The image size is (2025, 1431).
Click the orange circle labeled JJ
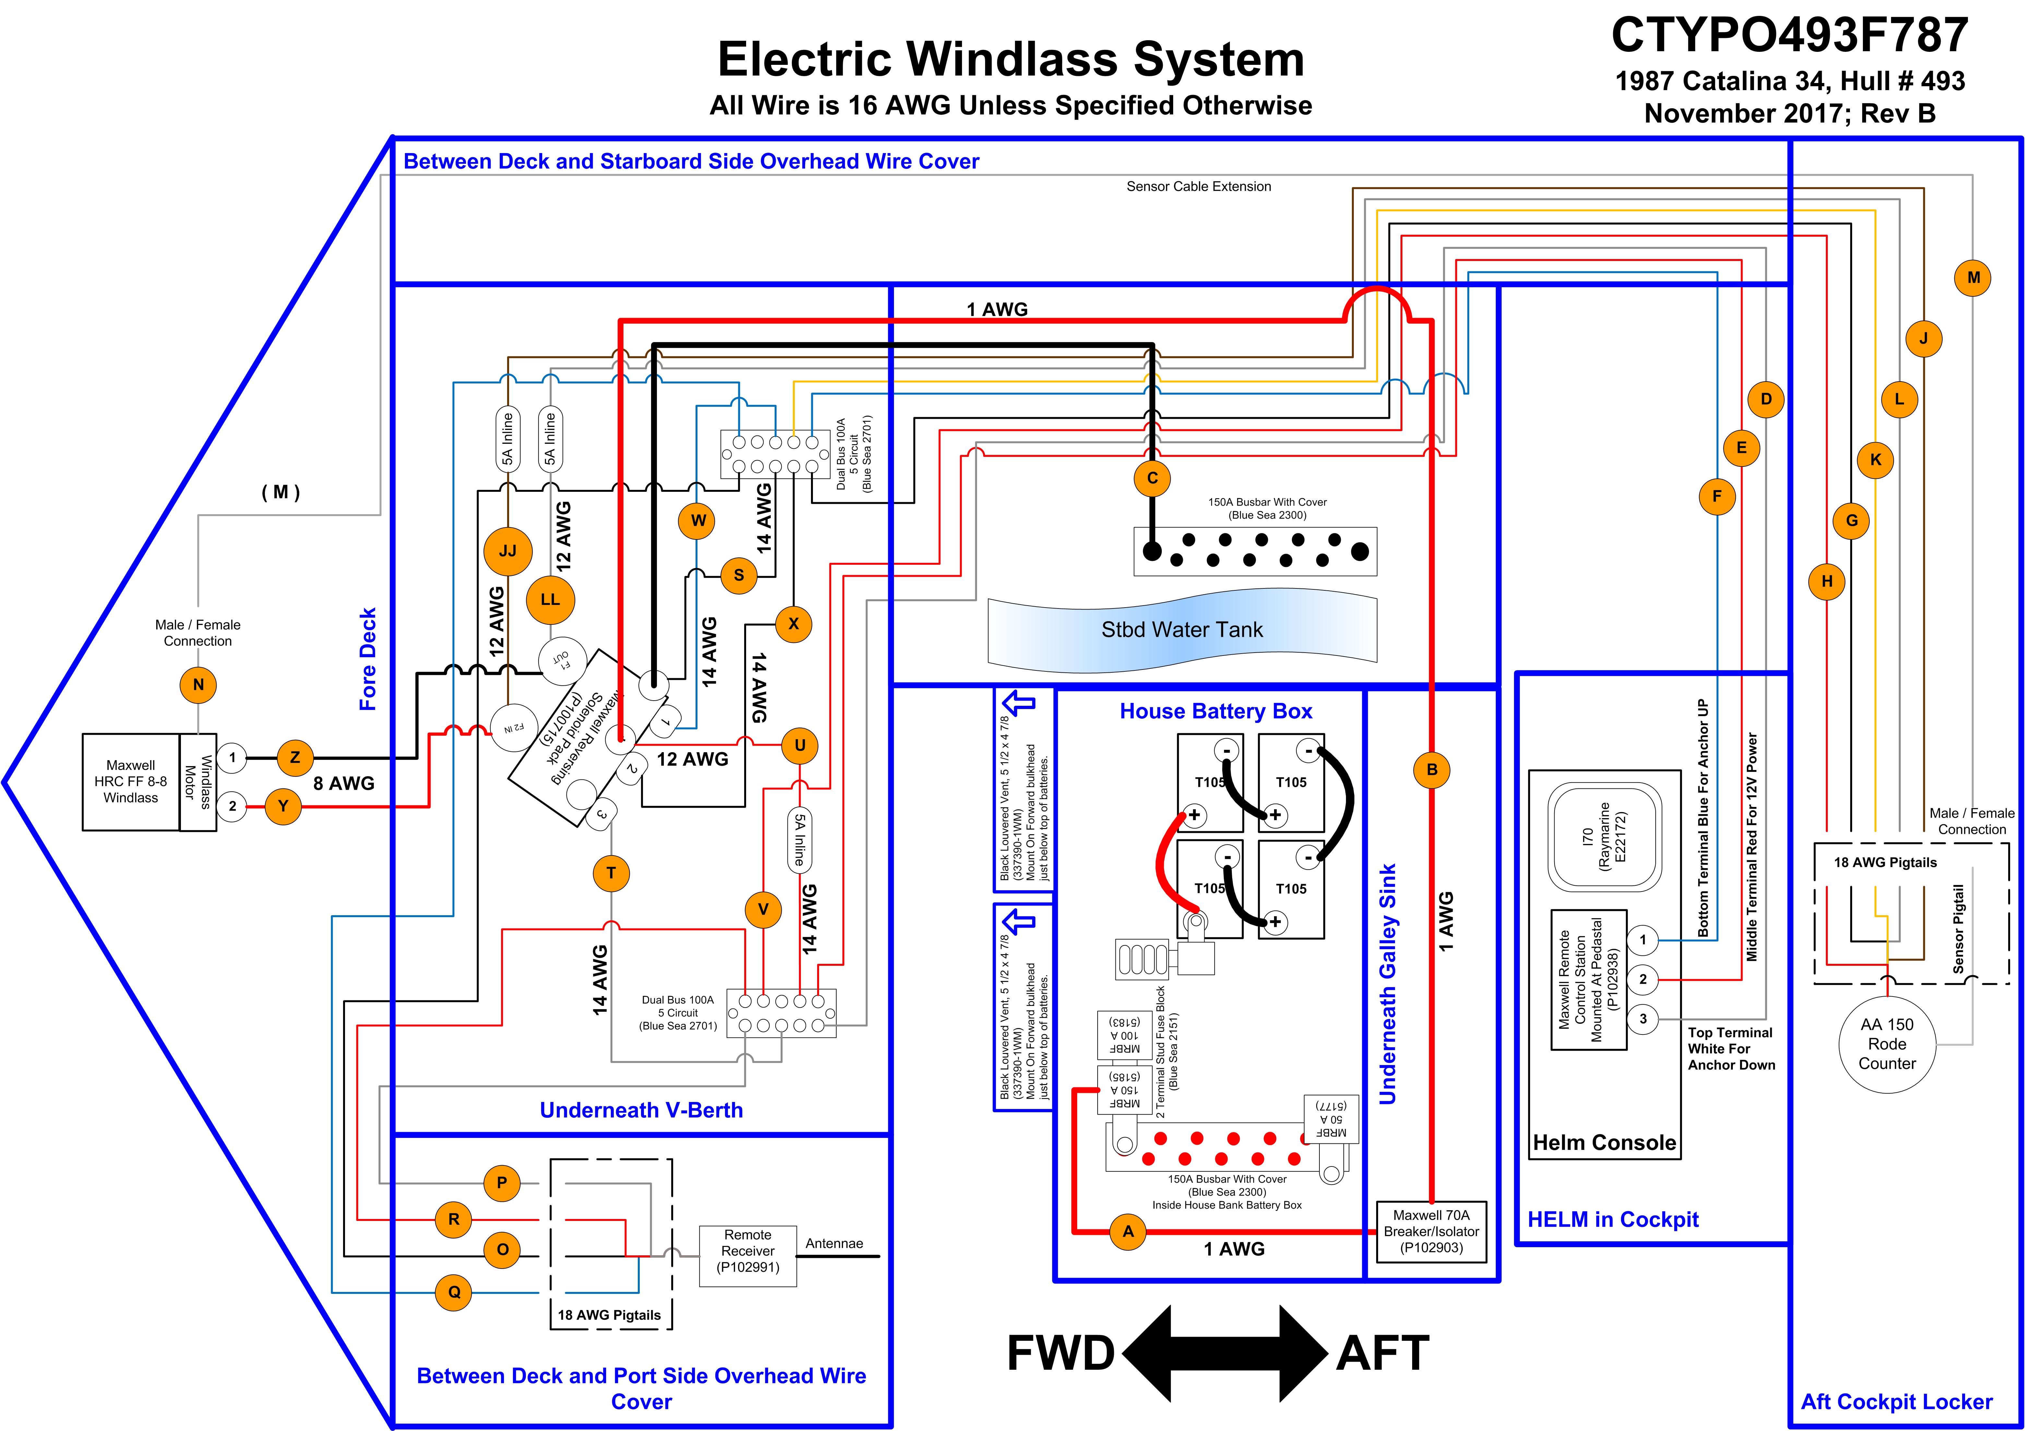click(x=508, y=551)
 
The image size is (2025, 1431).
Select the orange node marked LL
click(x=550, y=599)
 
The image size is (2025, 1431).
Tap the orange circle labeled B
click(x=1431, y=770)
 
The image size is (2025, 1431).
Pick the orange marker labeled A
click(x=1128, y=1232)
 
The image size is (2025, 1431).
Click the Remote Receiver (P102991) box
click(x=748, y=1256)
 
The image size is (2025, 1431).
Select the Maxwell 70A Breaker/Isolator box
click(x=1431, y=1232)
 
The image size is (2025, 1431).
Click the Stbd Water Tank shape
click(x=1182, y=630)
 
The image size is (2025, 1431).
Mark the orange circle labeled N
click(x=198, y=684)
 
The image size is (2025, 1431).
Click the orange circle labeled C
click(x=1152, y=478)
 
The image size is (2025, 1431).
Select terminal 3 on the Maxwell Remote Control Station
click(x=1642, y=1018)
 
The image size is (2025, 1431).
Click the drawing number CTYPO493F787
click(x=1790, y=35)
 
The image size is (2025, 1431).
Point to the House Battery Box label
click(x=1216, y=712)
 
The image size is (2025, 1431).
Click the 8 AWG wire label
click(x=344, y=783)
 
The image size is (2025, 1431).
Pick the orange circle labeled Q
click(x=454, y=1293)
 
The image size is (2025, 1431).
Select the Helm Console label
click(x=1604, y=1143)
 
